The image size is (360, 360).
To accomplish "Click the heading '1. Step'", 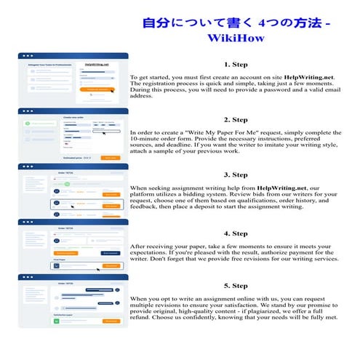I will (236, 65).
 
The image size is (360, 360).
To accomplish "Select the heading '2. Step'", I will (236, 119).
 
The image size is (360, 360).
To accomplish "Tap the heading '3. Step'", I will (236, 175).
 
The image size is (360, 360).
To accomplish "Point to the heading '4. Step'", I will (236, 233).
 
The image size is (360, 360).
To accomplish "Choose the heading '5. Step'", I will (236, 286).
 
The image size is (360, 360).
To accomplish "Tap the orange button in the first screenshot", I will (101, 91).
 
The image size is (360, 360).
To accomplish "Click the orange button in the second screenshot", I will (110, 157).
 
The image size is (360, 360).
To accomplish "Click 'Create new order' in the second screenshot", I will (76, 116).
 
